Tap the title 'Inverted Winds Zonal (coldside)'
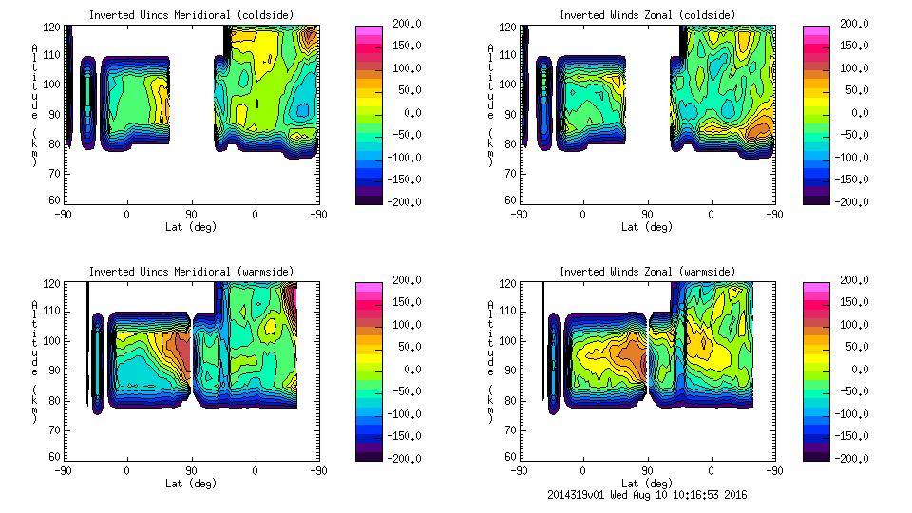click(647, 14)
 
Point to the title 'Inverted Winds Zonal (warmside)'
click(647, 272)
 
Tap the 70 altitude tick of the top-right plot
click(510, 174)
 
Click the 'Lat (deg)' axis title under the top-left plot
click(190, 227)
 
